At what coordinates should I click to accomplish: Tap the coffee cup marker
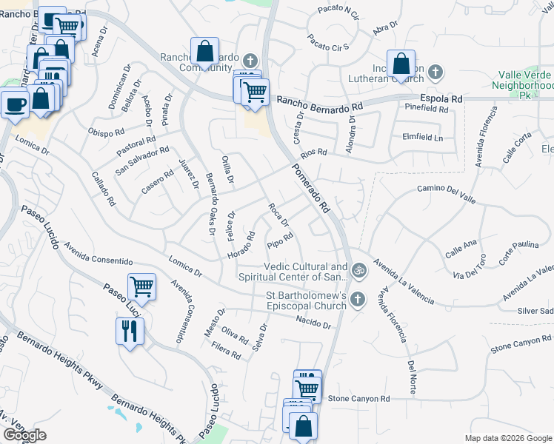point(15,104)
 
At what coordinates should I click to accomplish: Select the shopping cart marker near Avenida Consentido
point(141,286)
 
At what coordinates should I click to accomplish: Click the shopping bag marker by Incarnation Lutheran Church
point(401,64)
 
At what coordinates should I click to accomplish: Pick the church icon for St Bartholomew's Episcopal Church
point(358,300)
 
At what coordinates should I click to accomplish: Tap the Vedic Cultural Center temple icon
point(359,271)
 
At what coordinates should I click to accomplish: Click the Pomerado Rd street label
point(311,188)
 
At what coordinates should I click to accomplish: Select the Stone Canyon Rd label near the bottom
point(358,399)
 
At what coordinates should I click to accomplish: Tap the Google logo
point(24,435)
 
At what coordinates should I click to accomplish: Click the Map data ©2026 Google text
point(508,438)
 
